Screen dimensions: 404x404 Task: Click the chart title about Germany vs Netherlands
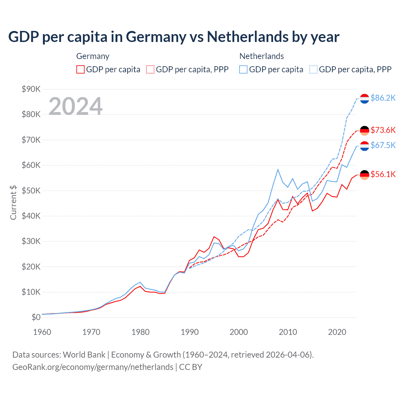[174, 37]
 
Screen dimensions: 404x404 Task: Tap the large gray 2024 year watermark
[75, 106]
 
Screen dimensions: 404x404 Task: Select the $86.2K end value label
[383, 98]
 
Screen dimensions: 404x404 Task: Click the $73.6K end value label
[383, 130]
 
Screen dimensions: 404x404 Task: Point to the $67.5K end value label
[383, 145]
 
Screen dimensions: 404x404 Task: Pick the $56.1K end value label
[383, 174]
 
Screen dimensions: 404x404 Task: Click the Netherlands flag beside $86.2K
[365, 98]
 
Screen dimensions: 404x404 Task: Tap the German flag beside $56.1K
[365, 175]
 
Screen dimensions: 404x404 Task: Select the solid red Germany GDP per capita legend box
[80, 69]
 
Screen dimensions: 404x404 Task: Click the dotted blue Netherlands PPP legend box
[313, 69]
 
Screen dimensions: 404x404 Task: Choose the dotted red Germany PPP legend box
[150, 69]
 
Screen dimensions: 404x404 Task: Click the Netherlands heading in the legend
[261, 56]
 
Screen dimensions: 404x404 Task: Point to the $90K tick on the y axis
[31, 89]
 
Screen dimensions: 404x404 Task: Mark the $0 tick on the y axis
[36, 318]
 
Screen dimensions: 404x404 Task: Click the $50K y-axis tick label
[31, 191]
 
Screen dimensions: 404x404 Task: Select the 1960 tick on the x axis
[42, 332]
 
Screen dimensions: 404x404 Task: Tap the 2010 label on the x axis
[288, 332]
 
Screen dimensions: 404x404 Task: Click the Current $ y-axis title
[13, 202]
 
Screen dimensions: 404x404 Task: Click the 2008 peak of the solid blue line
[278, 169]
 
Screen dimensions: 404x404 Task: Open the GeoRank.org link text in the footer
[93, 367]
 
